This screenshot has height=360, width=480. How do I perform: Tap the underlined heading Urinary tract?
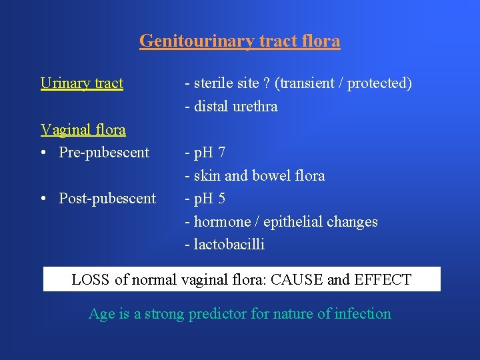[81, 83]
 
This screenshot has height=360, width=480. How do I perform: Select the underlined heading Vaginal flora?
[83, 129]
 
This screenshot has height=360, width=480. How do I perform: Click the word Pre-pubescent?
[104, 153]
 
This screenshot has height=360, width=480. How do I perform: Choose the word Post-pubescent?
[107, 199]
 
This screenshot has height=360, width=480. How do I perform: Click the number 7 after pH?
[221, 153]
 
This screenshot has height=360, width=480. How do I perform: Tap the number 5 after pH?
[221, 199]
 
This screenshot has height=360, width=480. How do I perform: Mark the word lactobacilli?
[229, 245]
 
